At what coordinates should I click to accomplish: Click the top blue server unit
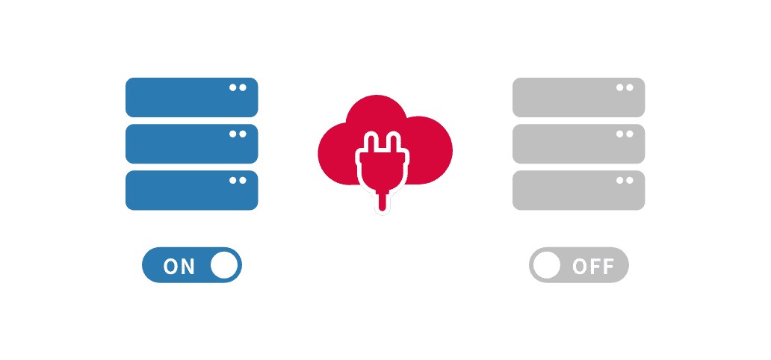pos(191,97)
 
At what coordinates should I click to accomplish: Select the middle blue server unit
pos(191,143)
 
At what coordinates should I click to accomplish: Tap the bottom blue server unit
pos(191,190)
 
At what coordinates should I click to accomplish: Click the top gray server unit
pos(578,97)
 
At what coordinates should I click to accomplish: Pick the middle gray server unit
pos(578,143)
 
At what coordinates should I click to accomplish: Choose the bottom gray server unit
pos(578,190)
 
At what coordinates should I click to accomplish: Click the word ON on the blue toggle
pos(179,267)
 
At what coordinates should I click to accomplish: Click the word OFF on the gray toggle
pos(593,267)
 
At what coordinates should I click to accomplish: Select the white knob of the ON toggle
pos(223,265)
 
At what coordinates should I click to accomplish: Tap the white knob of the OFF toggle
pos(547,265)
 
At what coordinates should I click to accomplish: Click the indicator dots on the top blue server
pos(238,87)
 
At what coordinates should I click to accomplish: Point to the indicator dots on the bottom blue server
pos(238,180)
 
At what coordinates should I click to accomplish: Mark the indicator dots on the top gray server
pos(625,87)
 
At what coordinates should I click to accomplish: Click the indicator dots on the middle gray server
pos(625,134)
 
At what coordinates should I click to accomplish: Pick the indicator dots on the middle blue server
pos(238,134)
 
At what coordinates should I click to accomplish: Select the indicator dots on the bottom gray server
pos(625,180)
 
